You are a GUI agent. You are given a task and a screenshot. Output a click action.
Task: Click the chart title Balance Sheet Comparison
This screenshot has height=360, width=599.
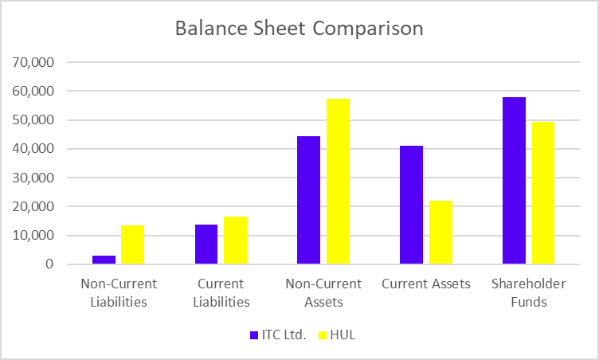click(x=299, y=29)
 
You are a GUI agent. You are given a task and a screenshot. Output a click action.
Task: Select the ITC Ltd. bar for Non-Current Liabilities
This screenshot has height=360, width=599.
click(x=104, y=260)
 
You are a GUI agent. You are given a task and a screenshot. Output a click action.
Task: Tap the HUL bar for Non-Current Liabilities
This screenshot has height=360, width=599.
click(x=133, y=245)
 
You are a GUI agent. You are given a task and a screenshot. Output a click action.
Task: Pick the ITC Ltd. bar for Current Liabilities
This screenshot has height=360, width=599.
click(x=206, y=244)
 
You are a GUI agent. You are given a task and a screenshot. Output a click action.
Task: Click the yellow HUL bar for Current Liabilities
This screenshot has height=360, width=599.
click(x=235, y=240)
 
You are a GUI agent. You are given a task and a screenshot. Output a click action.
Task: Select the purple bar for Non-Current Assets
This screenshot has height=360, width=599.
click(x=309, y=200)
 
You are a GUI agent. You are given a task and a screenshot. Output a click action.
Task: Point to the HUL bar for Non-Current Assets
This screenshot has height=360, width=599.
click(x=338, y=181)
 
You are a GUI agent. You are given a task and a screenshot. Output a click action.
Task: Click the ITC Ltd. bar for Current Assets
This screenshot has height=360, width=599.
click(x=412, y=205)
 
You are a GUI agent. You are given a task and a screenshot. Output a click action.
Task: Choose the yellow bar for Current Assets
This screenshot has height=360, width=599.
click(x=440, y=232)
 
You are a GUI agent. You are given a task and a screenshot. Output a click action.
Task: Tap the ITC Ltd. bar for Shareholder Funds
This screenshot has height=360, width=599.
click(x=514, y=180)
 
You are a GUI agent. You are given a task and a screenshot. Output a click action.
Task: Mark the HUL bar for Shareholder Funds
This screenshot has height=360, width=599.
click(x=542, y=193)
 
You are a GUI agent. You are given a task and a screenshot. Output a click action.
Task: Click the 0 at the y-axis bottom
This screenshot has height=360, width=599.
click(x=49, y=264)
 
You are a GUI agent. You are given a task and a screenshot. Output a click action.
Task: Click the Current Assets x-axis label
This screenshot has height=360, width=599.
click(x=425, y=284)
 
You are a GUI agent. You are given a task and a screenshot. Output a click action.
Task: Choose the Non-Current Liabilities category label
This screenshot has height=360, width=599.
click(x=119, y=292)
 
